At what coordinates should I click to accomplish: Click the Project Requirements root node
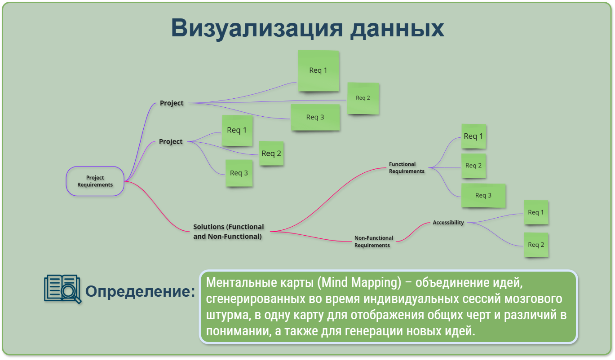(x=95, y=181)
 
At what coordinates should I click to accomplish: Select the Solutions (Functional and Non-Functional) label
(x=228, y=232)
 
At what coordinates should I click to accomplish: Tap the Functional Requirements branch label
(x=407, y=167)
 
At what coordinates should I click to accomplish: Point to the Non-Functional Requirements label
(x=374, y=241)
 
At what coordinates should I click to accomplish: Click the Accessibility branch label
(x=448, y=223)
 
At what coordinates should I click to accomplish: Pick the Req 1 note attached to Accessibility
(x=536, y=212)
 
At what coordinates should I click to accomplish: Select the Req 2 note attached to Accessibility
(x=536, y=245)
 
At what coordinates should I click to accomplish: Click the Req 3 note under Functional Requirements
(x=483, y=195)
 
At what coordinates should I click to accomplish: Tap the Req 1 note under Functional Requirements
(x=473, y=136)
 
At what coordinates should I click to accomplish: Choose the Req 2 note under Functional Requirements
(x=473, y=166)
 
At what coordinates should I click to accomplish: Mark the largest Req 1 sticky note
(x=319, y=71)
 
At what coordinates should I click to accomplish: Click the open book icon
(x=62, y=289)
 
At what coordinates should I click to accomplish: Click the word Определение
(x=140, y=291)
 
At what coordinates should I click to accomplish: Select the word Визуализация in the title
(x=257, y=28)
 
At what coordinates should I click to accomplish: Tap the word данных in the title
(x=397, y=29)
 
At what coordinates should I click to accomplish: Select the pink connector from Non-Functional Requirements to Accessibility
(x=413, y=233)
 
